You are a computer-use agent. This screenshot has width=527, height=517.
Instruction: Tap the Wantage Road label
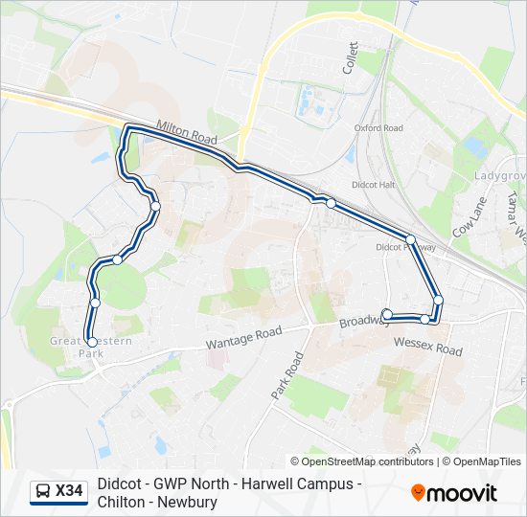pyautogui.click(x=244, y=338)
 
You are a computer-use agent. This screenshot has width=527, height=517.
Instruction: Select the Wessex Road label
pyautogui.click(x=427, y=345)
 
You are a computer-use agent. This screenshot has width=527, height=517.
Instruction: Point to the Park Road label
pyautogui.click(x=286, y=376)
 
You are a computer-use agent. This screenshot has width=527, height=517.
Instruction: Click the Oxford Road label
pyautogui.click(x=378, y=128)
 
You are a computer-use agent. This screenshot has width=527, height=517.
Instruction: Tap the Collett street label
pyautogui.click(x=351, y=57)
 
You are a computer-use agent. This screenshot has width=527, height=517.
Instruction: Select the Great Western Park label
pyautogui.click(x=91, y=347)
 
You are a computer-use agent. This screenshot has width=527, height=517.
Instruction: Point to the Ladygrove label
pyautogui.click(x=500, y=176)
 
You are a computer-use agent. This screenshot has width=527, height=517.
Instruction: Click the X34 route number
pyautogui.click(x=69, y=491)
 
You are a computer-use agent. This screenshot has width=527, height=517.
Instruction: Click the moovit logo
pyautogui.click(x=454, y=493)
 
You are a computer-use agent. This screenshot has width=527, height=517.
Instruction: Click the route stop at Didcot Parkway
pyautogui.click(x=410, y=239)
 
